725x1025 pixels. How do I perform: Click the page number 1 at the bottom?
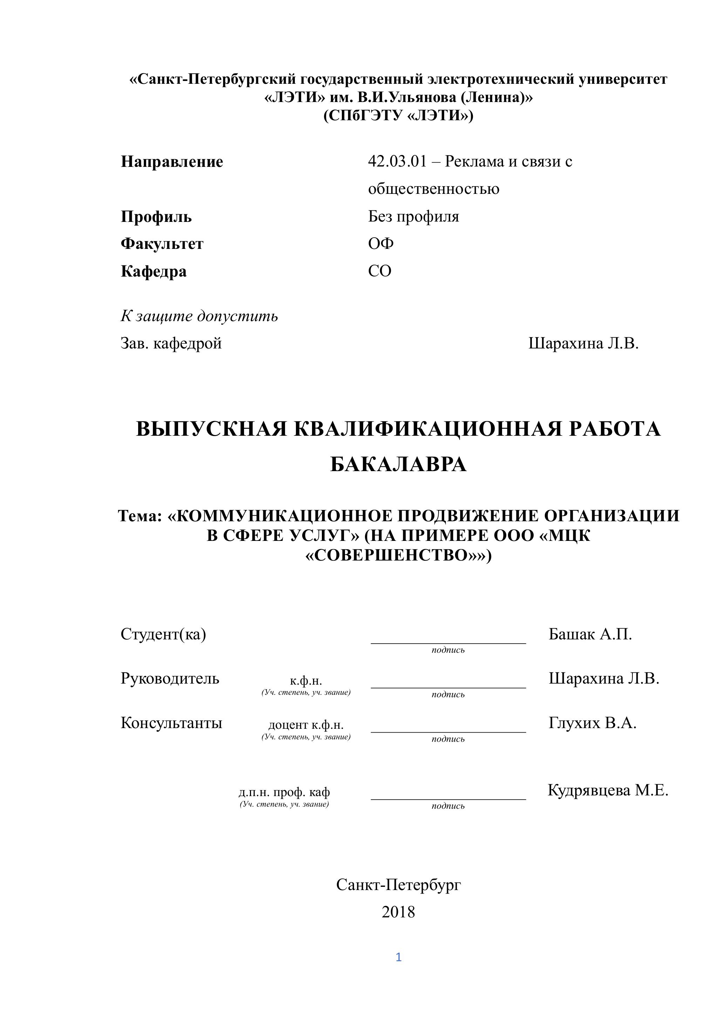coord(399,957)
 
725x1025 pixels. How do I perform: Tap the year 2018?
coord(398,912)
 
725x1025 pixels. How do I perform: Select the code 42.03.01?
coord(397,161)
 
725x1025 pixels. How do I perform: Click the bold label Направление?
coord(172,162)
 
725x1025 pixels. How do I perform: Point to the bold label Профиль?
coord(156,217)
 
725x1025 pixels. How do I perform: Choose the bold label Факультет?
coord(162,244)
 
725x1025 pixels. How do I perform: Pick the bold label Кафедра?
coord(154,271)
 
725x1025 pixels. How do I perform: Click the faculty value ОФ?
coord(381,243)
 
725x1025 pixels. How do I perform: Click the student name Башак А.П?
coord(590,634)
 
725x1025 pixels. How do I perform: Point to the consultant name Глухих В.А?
coord(592,722)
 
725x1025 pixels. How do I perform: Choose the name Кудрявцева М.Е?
coord(608,790)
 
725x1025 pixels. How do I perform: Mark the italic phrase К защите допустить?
coord(199,316)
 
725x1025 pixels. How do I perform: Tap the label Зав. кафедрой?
coord(171,343)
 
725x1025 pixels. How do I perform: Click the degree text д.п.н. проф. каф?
coord(284,792)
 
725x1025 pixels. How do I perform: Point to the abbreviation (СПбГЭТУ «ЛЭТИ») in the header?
coord(398,116)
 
